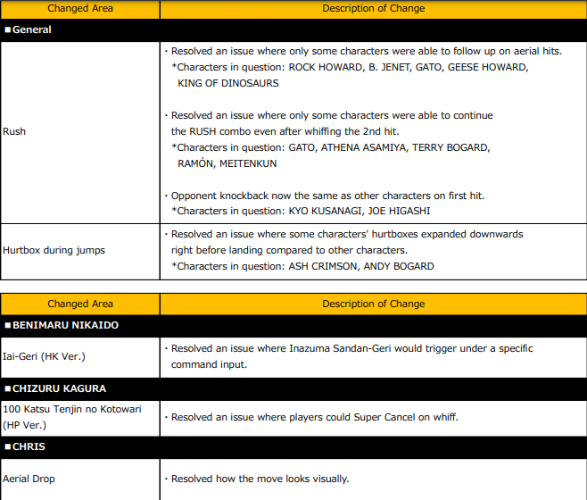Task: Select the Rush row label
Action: [14, 131]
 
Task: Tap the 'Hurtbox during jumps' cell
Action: [54, 250]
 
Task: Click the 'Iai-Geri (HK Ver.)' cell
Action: [44, 357]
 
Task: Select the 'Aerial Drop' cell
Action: [29, 479]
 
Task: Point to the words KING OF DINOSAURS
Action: [228, 83]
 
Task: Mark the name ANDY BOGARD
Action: [398, 266]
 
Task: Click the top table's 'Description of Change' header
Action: [373, 8]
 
